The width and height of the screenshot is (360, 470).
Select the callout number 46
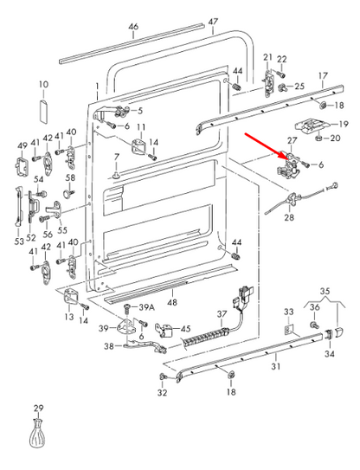pos(133,27)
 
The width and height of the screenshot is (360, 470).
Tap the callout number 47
pos(213,21)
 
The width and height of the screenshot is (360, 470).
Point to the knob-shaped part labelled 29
pos(37,435)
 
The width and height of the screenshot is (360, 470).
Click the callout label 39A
pos(146,307)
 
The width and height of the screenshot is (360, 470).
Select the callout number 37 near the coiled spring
pos(222,313)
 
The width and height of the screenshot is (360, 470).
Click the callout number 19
pos(342,124)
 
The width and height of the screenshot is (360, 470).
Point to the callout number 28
pos(288,218)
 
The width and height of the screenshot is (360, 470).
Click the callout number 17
pos(324,75)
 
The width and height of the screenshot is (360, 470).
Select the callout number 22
pos(281,59)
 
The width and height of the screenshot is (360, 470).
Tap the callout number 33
pos(289,311)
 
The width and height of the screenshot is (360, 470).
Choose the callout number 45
pos(184,329)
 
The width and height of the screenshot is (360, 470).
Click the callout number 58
pos(71,178)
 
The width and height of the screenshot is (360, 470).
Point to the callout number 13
pos(67,318)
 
